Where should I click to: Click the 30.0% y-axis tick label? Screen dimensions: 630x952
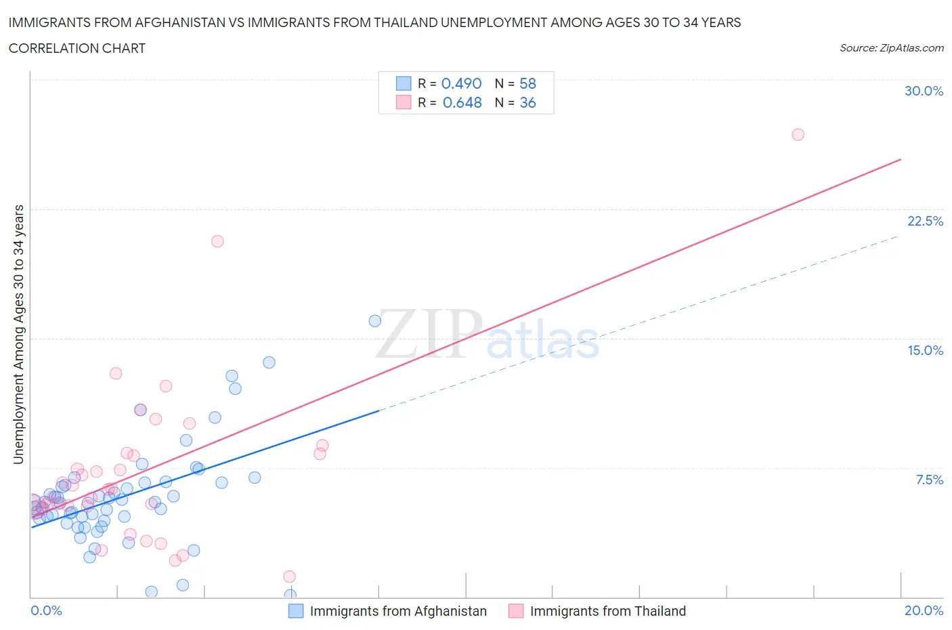924,91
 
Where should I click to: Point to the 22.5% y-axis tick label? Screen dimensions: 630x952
924,221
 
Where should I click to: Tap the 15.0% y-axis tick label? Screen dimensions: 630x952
924,350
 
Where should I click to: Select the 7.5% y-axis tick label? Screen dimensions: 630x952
929,480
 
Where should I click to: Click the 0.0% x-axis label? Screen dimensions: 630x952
46,610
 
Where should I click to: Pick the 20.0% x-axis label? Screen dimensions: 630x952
924,610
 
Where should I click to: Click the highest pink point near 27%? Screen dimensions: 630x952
798,135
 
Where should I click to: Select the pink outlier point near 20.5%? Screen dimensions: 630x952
217,241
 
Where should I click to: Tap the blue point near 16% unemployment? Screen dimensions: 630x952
374,320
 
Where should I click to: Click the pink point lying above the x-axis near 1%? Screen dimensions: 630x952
289,576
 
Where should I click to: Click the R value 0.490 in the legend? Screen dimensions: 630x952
461,83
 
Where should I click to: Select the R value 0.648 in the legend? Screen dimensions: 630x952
462,102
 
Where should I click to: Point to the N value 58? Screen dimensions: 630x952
527,83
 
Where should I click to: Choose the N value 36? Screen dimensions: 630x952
527,102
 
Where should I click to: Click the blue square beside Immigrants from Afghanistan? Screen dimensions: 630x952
296,611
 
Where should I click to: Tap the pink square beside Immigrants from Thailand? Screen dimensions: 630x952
516,611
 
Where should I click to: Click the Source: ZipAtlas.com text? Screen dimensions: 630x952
891,48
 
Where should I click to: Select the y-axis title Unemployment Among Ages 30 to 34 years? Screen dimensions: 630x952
18,335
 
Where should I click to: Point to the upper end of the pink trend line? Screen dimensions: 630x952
901,159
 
